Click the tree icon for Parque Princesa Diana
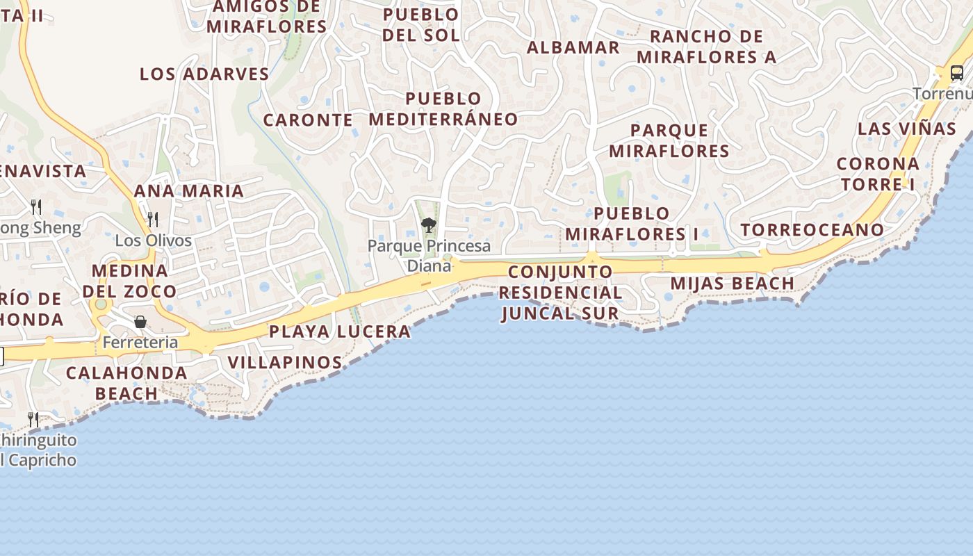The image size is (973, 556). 429,224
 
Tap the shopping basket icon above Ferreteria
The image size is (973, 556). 140,322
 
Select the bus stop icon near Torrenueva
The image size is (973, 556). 956,72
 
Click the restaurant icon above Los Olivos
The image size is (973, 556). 153,220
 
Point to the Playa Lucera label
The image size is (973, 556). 340,332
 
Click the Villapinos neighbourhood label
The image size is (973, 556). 285,362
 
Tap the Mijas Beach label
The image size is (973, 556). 732,284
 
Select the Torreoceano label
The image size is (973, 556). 812,229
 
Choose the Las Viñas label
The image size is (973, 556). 906,129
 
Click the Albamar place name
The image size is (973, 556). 573,47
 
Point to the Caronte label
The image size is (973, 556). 308,120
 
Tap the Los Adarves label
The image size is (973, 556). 204,74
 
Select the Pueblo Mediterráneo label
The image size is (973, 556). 443,108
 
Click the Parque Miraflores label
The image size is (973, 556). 669,140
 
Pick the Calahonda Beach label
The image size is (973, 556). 126,383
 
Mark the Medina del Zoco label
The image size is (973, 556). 129,281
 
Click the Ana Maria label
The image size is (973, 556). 188,190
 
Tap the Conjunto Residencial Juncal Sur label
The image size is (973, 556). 559,293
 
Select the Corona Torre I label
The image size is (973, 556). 877,174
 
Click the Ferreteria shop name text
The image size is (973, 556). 140,342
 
